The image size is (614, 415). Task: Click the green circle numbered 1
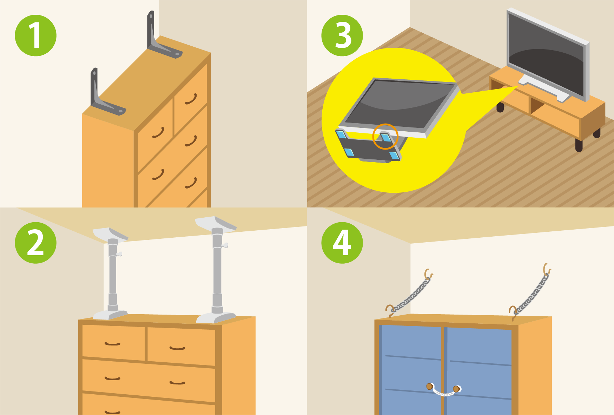pos(35,35)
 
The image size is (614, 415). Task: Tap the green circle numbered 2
pos(35,243)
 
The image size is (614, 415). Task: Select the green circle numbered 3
pos(342,35)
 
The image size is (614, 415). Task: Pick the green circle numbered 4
pos(342,243)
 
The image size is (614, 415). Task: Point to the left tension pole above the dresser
pos(112,274)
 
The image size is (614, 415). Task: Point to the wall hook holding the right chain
pos(547,269)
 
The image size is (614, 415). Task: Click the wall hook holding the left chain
pos(428,274)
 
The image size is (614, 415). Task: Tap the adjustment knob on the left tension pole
pos(119,254)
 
